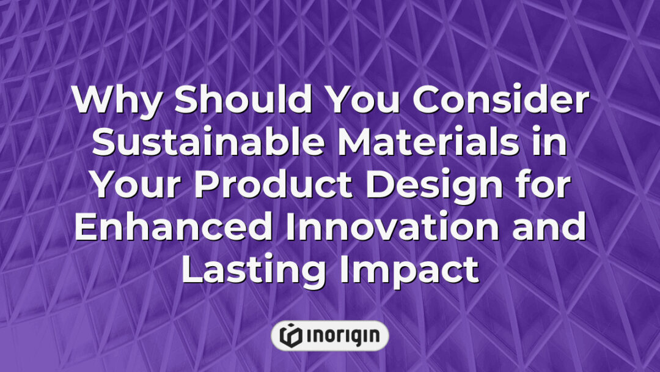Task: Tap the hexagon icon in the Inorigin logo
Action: tap(289, 335)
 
